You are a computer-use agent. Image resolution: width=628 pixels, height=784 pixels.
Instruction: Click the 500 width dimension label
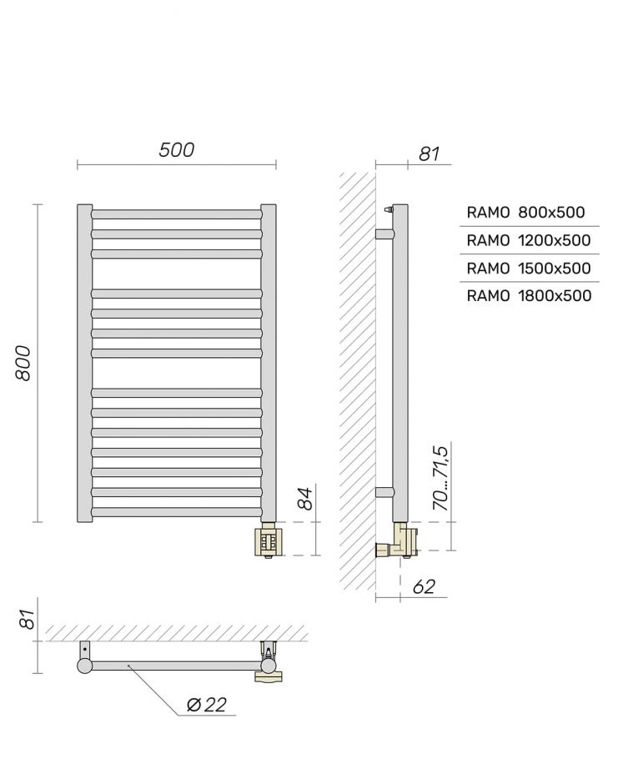[176, 149]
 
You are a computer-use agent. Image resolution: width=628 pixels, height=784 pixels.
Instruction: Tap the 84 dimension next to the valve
[306, 499]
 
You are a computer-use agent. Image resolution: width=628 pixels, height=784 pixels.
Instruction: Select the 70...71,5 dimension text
[441, 478]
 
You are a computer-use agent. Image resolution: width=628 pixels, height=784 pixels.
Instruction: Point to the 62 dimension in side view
[424, 586]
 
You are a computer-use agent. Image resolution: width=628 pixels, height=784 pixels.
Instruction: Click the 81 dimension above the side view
[428, 153]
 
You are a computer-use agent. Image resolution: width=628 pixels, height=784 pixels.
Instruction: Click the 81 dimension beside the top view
[27, 621]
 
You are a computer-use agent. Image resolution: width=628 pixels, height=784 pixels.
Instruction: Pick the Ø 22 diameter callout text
[203, 705]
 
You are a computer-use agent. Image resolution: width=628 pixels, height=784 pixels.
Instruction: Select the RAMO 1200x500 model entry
[528, 240]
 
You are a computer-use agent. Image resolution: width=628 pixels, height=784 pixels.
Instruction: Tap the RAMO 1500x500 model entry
[528, 268]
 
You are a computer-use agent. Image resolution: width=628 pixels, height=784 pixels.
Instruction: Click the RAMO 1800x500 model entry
[528, 295]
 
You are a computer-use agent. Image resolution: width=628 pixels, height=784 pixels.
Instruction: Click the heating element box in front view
[269, 540]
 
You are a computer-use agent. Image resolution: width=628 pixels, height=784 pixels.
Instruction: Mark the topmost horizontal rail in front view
[177, 214]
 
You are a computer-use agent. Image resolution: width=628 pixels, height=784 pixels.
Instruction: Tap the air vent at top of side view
[388, 209]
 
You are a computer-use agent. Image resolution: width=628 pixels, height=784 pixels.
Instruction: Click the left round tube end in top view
[84, 665]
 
